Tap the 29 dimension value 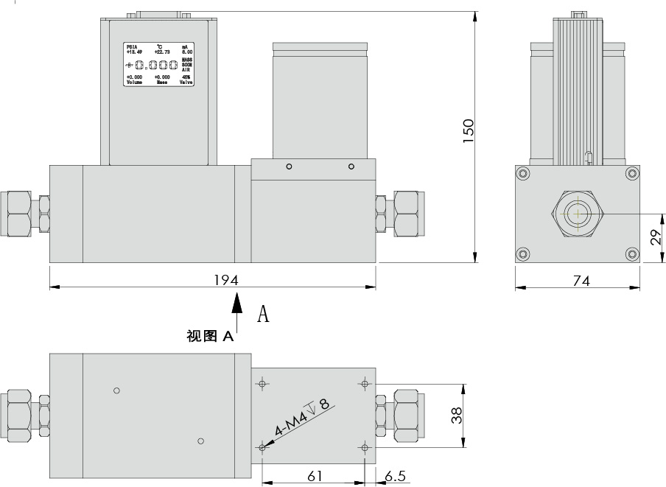pos(655,237)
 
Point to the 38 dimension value pos(457,416)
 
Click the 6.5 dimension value pos(396,476)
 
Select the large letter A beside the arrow pos(263,315)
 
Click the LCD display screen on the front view pos(159,65)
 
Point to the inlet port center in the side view pos(578,214)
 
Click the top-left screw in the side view pos(523,174)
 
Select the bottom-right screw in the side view pos(631,254)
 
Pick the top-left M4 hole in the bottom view pos(263,383)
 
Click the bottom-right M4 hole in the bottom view pos(365,446)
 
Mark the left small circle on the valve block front pos(289,167)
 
